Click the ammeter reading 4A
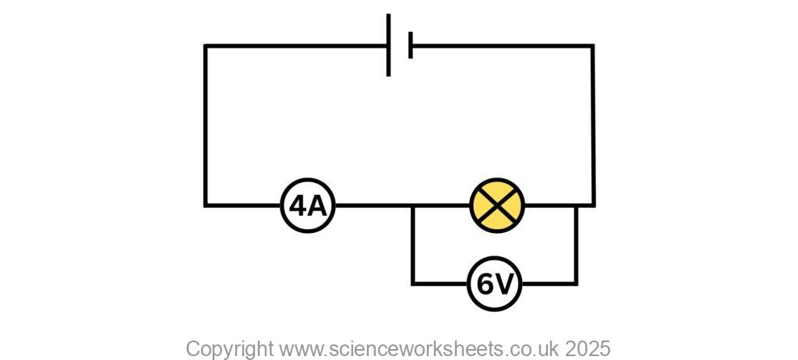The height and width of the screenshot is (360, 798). point(308,206)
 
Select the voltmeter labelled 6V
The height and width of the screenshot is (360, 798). point(495,284)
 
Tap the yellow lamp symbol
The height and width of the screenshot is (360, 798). point(497,206)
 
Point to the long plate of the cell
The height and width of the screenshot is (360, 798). point(388,45)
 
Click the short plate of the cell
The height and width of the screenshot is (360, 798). point(410,45)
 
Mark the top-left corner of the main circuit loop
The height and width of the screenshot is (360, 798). point(206,46)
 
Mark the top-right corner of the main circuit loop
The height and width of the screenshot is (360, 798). point(592,46)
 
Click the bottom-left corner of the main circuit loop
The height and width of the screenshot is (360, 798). point(206,206)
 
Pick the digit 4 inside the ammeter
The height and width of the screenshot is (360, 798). point(298,206)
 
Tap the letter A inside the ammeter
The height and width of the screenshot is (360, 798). point(317,206)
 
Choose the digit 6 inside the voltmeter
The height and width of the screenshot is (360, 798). point(485,284)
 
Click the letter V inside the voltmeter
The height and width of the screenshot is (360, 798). point(504,284)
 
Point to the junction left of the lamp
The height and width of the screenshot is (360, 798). point(413,206)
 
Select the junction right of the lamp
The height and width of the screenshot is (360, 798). point(576,206)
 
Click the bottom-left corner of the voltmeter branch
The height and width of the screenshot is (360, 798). point(413,284)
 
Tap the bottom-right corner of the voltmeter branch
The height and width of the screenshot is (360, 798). point(576,284)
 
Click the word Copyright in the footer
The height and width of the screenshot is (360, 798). point(229,348)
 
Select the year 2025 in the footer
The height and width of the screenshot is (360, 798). point(588,348)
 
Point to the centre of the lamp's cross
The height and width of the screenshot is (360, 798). point(497,206)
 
